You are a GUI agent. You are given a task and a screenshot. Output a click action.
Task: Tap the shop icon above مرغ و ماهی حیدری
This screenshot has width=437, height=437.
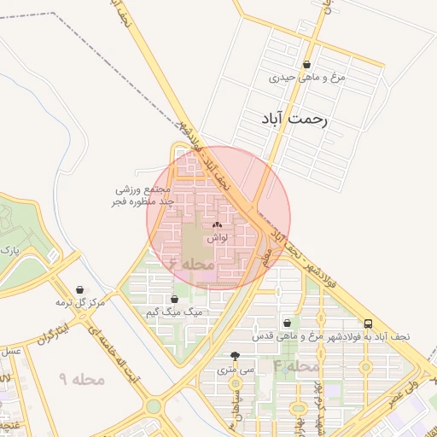306,64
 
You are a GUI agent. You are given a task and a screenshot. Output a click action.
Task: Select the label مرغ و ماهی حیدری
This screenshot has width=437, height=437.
306,77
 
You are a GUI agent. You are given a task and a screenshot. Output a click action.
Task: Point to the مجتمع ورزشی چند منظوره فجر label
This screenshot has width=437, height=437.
143,195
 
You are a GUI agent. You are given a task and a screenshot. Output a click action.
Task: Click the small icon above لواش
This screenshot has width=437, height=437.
215,224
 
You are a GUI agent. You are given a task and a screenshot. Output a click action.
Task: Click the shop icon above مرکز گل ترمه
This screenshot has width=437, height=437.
79,289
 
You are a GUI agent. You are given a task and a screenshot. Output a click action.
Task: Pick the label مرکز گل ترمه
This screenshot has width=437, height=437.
80,303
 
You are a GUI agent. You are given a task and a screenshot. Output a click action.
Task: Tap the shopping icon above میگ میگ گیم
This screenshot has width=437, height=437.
175,300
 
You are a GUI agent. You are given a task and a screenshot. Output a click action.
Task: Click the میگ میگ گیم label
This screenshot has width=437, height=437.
176,313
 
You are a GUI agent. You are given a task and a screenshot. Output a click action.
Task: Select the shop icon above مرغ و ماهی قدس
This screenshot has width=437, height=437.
286,323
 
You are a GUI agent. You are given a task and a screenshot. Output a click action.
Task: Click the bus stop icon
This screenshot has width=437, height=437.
368,323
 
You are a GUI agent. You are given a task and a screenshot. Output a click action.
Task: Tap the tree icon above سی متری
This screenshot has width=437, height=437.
236,357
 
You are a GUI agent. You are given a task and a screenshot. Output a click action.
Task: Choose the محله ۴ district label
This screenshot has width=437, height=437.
296,365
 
